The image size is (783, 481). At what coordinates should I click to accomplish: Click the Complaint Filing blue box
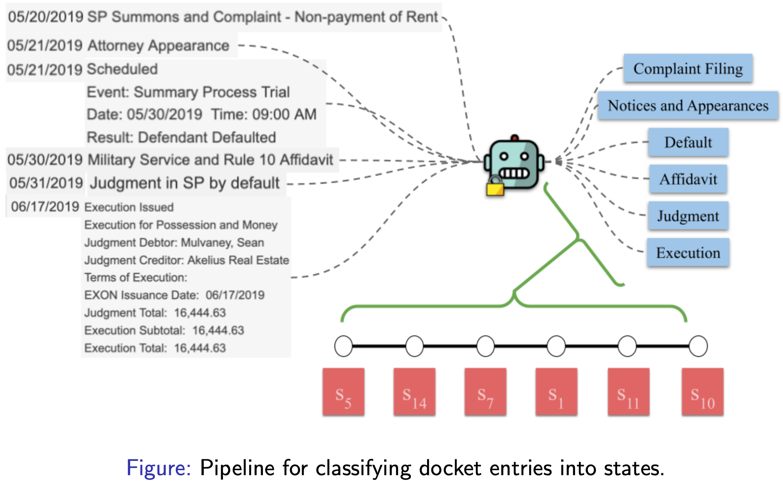(688, 69)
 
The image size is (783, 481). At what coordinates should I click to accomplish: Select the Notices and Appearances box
(688, 105)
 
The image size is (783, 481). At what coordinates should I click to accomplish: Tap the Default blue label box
(688, 142)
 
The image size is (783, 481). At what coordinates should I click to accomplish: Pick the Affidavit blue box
(688, 179)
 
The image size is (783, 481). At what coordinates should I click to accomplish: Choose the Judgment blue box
(688, 216)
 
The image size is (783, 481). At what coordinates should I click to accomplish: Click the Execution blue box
(688, 253)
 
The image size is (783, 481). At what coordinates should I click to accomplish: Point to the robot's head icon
(514, 163)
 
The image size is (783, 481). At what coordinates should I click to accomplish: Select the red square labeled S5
(343, 392)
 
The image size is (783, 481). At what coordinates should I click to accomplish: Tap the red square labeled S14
(414, 392)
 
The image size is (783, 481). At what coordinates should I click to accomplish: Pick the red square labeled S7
(485, 392)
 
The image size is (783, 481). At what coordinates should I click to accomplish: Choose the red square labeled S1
(556, 392)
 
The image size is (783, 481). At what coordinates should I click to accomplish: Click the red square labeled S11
(628, 392)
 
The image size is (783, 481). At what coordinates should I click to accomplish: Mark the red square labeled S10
(702, 392)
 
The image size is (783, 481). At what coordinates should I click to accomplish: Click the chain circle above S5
(343, 346)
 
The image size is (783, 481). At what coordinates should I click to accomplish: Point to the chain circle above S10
(698, 346)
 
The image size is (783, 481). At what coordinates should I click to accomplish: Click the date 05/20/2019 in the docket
(46, 17)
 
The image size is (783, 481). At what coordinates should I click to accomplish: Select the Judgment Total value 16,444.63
(200, 313)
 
